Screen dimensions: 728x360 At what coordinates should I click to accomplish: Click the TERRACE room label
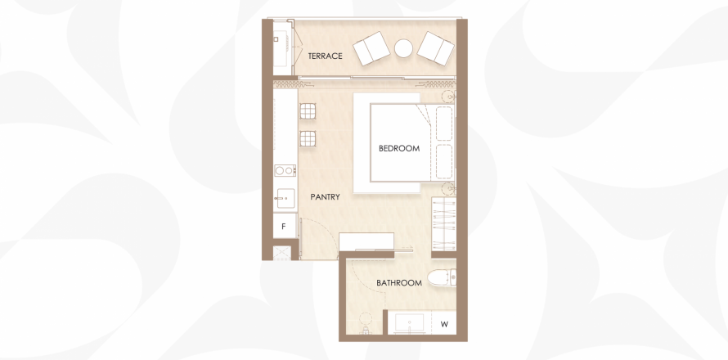tap(325, 56)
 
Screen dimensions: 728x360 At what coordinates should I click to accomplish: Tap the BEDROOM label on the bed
tap(399, 149)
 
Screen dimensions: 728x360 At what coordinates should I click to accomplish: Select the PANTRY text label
tap(325, 197)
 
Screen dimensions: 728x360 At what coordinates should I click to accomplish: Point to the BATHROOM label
tap(399, 282)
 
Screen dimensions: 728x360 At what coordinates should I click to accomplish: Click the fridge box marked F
tap(285, 226)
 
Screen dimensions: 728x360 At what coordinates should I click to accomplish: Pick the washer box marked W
tap(444, 324)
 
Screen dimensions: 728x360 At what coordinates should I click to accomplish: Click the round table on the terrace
tap(403, 48)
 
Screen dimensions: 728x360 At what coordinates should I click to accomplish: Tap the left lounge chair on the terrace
tap(371, 48)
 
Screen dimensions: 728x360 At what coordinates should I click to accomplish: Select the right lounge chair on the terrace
tap(435, 48)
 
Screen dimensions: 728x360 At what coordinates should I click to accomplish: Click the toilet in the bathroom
tap(442, 278)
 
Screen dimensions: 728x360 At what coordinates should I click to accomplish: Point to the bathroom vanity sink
tap(409, 322)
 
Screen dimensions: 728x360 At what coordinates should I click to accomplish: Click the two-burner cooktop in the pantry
tap(285, 170)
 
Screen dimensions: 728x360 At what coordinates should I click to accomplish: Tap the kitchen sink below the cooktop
tap(285, 198)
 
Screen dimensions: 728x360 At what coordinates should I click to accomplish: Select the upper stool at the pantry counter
tap(308, 111)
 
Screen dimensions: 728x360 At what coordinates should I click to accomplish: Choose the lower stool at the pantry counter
tap(308, 138)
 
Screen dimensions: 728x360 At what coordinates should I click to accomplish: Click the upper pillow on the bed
tap(444, 124)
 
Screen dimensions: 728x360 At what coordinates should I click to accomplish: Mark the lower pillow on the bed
tap(444, 162)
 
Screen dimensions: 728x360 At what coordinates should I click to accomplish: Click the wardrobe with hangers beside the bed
tap(443, 224)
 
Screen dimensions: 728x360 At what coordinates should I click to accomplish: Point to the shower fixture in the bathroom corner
tap(366, 324)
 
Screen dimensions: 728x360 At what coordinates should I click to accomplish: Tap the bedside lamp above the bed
tap(448, 97)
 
